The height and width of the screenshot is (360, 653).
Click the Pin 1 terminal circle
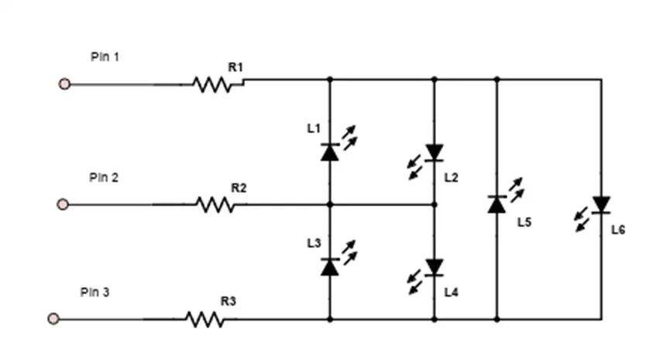64,84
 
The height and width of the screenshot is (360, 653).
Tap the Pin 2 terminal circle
63,204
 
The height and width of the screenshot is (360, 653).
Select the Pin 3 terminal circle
53,319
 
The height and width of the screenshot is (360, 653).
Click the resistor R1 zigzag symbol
212,85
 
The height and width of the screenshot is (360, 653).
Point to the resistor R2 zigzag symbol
215,204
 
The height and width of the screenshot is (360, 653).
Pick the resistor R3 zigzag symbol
205,320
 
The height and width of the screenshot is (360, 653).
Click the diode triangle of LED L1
330,153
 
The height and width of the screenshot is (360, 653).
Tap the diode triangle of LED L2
435,153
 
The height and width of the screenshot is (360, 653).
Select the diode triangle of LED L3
330,267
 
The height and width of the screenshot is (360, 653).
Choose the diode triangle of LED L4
435,267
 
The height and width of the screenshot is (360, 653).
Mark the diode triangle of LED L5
497,204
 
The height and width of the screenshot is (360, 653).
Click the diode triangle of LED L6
601,204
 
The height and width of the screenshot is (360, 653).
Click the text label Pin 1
105,57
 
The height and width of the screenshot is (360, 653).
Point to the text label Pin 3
95,292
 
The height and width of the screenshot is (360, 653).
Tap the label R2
239,188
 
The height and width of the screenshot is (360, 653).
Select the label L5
524,222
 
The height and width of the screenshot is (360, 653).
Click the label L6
618,230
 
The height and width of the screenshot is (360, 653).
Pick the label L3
314,243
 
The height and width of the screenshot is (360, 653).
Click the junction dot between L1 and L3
330,204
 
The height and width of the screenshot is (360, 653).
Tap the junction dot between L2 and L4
435,204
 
